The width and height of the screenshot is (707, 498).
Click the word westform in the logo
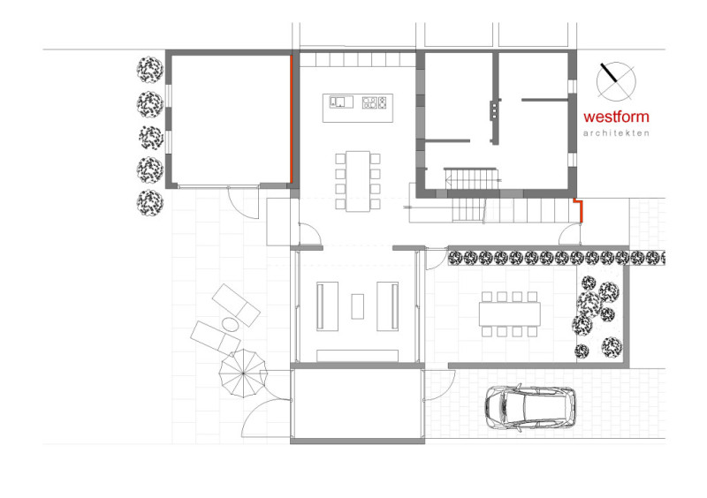pos(616,117)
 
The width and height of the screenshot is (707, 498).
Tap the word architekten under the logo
pos(616,133)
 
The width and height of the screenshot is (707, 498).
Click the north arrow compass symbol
pos(616,81)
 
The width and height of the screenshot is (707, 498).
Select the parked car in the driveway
pos(530,408)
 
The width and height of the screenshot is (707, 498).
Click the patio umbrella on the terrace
pos(243,373)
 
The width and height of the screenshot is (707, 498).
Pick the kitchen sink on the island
pos(341,102)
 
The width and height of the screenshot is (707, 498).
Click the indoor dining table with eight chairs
pos(358,181)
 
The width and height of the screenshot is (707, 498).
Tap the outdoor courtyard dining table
pos(510,313)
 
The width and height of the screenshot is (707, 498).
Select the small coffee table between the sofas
pos(358,306)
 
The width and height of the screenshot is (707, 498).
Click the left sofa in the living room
pos(327,306)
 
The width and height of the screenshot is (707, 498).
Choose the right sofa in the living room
pos(388,306)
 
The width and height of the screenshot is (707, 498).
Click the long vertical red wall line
pos(292,119)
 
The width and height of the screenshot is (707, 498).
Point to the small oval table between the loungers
pos(230,323)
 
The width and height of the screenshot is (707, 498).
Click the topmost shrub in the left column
pos(150,70)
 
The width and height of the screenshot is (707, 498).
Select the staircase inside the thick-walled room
pos(472,179)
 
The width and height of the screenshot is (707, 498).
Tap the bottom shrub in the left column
pos(150,203)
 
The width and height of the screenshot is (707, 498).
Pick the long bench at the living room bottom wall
pos(358,356)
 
